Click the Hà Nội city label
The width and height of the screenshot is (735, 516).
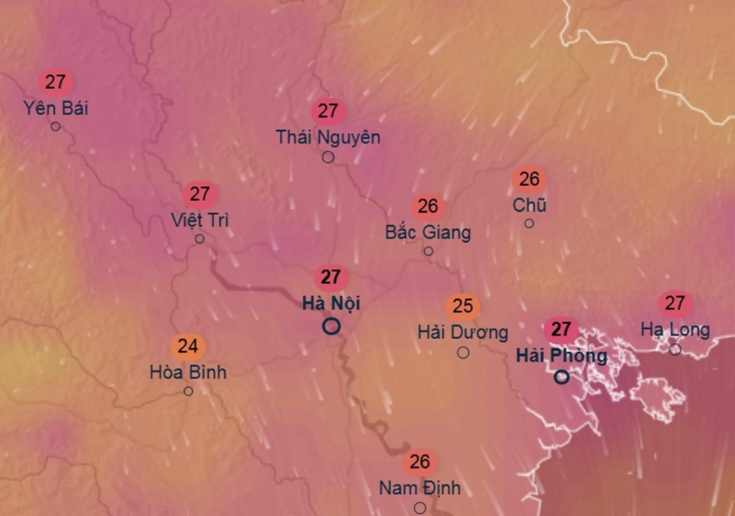tap(331, 304)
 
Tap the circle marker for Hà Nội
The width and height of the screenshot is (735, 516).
tap(331, 327)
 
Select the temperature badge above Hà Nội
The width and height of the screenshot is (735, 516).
tap(331, 277)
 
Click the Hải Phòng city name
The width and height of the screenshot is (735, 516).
tap(561, 356)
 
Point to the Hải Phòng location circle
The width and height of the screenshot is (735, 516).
tap(561, 377)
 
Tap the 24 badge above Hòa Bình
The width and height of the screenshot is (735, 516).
tap(188, 346)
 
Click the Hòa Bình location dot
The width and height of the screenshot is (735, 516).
tap(188, 391)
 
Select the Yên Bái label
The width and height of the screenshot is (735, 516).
tap(56, 108)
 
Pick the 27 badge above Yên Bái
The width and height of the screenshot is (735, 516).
tap(56, 82)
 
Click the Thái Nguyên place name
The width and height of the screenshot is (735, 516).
tap(327, 136)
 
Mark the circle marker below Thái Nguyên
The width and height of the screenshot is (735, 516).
tap(327, 157)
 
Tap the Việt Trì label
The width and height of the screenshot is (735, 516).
tap(200, 220)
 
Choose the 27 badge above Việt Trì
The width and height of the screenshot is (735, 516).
tap(200, 194)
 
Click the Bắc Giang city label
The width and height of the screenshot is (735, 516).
tap(428, 233)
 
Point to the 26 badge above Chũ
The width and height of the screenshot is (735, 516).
tap(529, 179)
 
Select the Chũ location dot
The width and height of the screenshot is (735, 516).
tap(529, 223)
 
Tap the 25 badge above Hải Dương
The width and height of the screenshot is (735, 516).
tap(463, 306)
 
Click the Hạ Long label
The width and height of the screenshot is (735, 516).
tap(675, 330)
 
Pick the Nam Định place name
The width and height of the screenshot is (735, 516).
tap(420, 488)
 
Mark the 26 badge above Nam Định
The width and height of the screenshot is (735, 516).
tap(420, 462)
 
